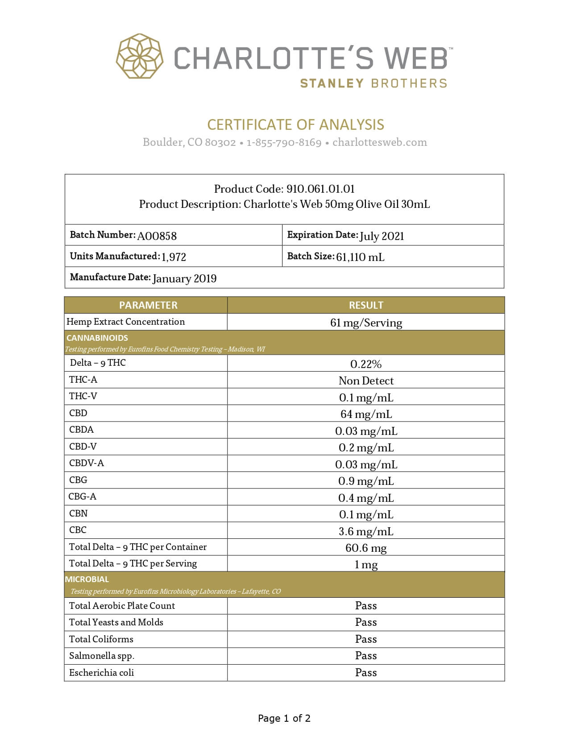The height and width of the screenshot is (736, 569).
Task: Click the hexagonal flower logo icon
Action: pyautogui.click(x=139, y=56)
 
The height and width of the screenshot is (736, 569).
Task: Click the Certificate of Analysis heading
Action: pyautogui.click(x=295, y=124)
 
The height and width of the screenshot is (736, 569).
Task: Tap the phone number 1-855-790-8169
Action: pyautogui.click(x=284, y=142)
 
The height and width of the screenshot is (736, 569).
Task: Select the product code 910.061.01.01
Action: pyautogui.click(x=320, y=189)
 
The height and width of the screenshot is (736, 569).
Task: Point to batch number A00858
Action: pyautogui.click(x=157, y=236)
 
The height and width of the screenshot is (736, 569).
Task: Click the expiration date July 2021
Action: pyautogui.click(x=382, y=236)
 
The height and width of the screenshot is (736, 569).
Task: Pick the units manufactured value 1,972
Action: pyautogui.click(x=174, y=257)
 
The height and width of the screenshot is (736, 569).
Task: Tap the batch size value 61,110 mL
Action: pyautogui.click(x=360, y=257)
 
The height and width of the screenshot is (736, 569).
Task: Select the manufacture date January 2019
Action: pyautogui.click(x=184, y=278)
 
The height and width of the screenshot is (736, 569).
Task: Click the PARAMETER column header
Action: pyautogui.click(x=148, y=305)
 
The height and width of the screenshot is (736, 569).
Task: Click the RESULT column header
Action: pyautogui.click(x=366, y=305)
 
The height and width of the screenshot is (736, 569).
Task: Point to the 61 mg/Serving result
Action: pyautogui.click(x=366, y=323)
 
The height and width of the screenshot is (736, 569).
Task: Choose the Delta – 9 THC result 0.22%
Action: pyautogui.click(x=366, y=364)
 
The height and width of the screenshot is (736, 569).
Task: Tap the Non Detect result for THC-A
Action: pyautogui.click(x=366, y=380)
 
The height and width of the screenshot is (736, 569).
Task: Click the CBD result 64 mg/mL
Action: pyautogui.click(x=366, y=414)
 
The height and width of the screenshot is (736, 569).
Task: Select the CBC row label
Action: pyautogui.click(x=78, y=530)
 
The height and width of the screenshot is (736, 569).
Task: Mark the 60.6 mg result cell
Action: pyautogui.click(x=366, y=548)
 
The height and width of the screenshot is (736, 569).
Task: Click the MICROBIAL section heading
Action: pyautogui.click(x=87, y=579)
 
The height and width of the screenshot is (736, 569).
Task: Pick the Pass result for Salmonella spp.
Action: pyautogui.click(x=366, y=656)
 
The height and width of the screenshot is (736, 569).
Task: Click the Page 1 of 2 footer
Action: pyautogui.click(x=284, y=718)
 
